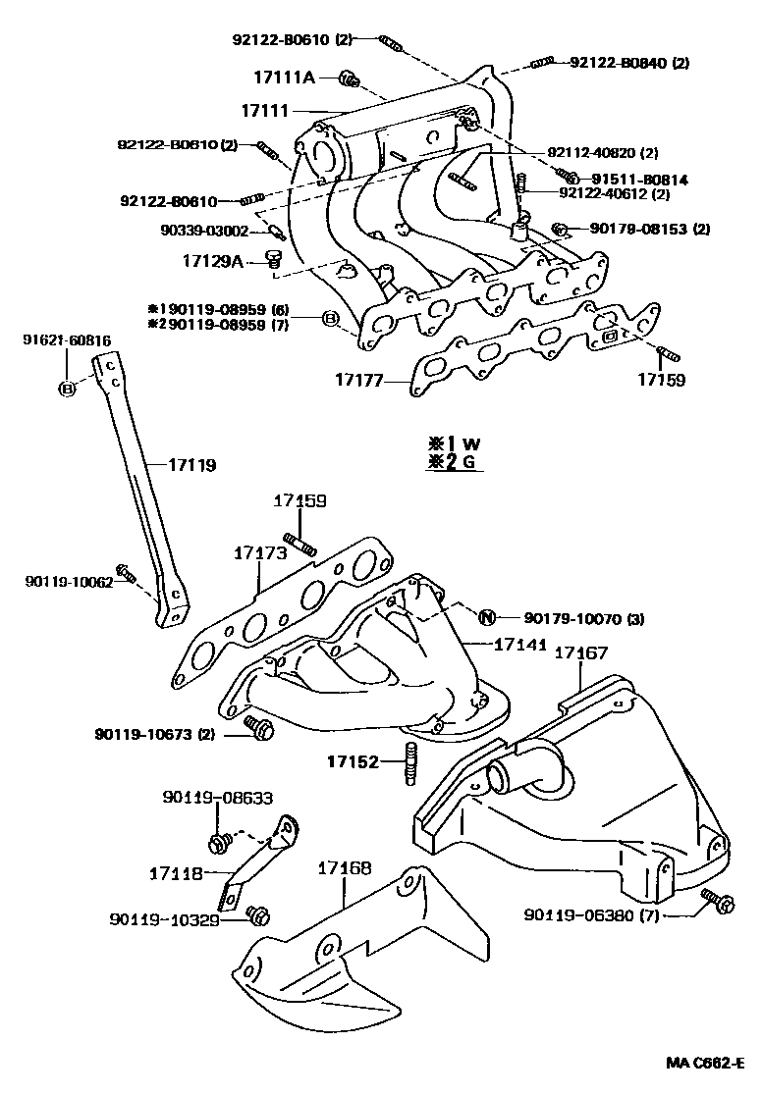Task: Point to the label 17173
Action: click(x=259, y=553)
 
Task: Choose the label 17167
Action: click(x=581, y=652)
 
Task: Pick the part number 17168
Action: click(x=345, y=867)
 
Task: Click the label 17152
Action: click(x=352, y=760)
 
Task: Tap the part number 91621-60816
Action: click(x=67, y=339)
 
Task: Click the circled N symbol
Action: click(x=486, y=617)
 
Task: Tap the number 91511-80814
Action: click(x=639, y=180)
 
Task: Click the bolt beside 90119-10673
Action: click(x=262, y=729)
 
